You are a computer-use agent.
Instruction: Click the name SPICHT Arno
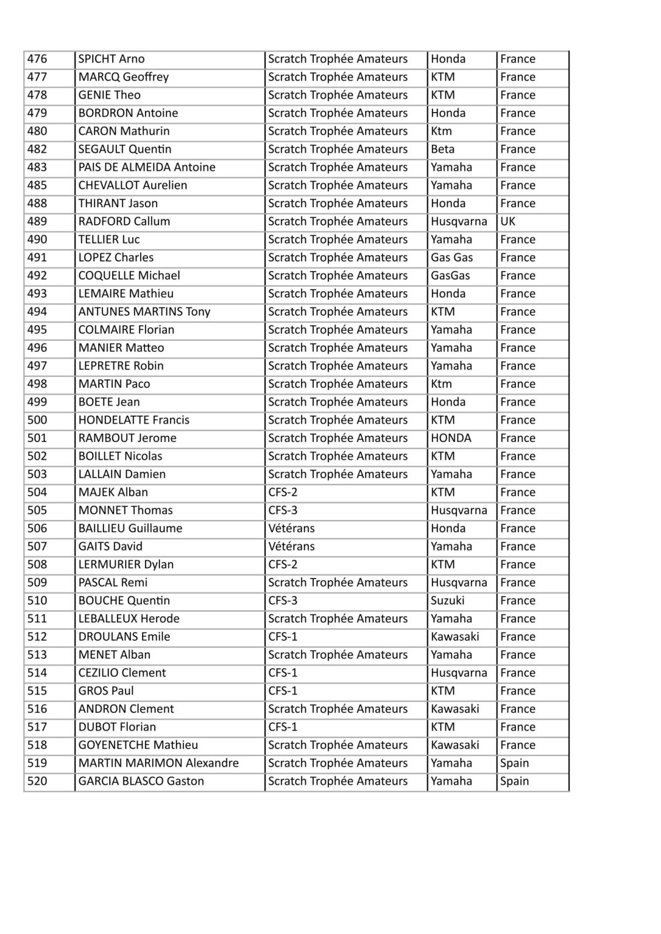coord(112,59)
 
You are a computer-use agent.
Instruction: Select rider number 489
coord(37,221)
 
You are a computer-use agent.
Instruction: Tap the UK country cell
coord(508,221)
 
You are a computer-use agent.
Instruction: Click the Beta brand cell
coord(442,149)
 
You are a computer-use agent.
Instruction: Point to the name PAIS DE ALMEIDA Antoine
coord(147,167)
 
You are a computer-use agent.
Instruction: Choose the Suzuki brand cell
coord(448,600)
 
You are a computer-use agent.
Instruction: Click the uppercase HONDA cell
coord(451,438)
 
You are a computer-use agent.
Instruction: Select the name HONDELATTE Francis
coord(134,420)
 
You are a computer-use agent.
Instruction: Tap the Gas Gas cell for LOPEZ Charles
coord(452,257)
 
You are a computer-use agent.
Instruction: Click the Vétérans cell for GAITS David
coord(291,546)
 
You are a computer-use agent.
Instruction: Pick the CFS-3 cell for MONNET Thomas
coord(283,510)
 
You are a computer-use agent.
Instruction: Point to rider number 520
coord(37,781)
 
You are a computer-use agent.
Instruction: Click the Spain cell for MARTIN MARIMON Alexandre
coord(514,763)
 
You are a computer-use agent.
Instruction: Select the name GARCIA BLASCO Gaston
coord(141,781)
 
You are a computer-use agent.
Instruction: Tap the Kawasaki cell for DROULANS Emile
coord(455,636)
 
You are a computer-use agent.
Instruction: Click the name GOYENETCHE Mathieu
coord(138,745)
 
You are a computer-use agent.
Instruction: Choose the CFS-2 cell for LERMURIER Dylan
coord(283,564)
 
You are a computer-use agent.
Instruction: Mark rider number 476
coord(37,59)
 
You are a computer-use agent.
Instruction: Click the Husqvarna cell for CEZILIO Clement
coord(459,672)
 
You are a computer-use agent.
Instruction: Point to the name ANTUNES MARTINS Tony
coord(144,312)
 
